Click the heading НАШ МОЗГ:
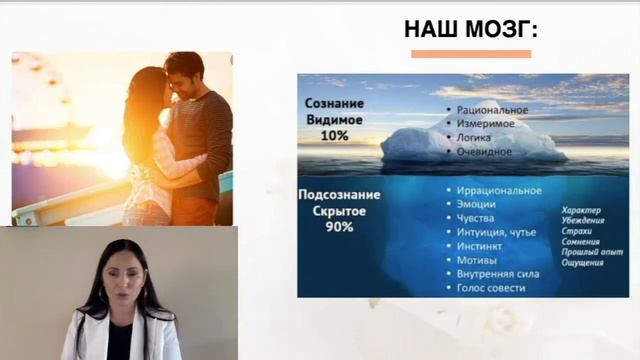pyautogui.click(x=471, y=29)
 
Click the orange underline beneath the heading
pyautogui.click(x=471, y=53)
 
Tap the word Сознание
pyautogui.click(x=335, y=104)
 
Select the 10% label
pyautogui.click(x=335, y=135)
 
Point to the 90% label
pyautogui.click(x=339, y=227)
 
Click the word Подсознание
pyautogui.click(x=339, y=197)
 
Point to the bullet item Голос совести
pyautogui.click(x=491, y=288)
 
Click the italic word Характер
pyautogui.click(x=583, y=210)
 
